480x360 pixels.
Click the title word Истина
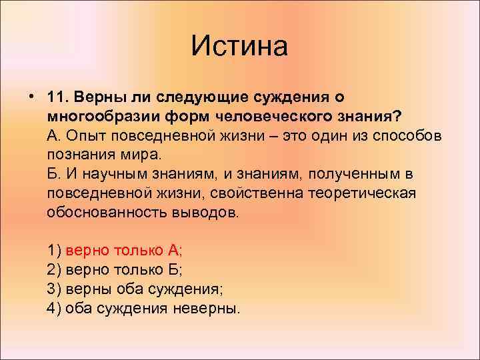click(239, 46)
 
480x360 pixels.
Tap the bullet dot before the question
click(31, 97)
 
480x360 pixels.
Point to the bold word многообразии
click(104, 117)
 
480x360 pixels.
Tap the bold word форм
click(189, 117)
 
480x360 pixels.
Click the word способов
click(407, 135)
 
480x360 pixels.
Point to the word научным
click(115, 175)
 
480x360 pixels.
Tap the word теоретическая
click(362, 193)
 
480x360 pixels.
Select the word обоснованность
click(107, 213)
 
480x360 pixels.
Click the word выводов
click(205, 213)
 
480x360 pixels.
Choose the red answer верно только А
click(123, 251)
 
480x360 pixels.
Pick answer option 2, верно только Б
click(115, 270)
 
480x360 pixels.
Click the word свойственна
click(257, 193)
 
